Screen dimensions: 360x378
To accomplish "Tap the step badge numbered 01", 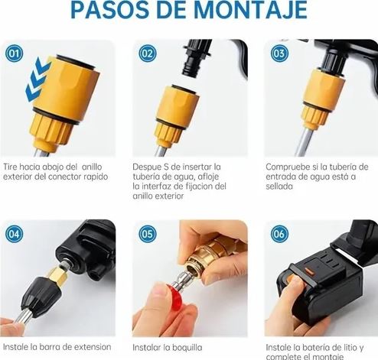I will point(14,54).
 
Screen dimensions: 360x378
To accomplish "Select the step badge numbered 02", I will point(148,54).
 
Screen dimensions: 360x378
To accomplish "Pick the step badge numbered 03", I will point(279,54).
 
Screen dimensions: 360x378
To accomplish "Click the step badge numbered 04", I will point(14,234).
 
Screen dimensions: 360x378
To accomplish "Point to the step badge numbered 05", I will point(148,234).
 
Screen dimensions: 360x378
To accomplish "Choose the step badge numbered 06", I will point(279,234).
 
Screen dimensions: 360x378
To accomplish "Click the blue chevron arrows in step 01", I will point(37,83).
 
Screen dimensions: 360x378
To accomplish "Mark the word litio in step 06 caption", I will point(351,346).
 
